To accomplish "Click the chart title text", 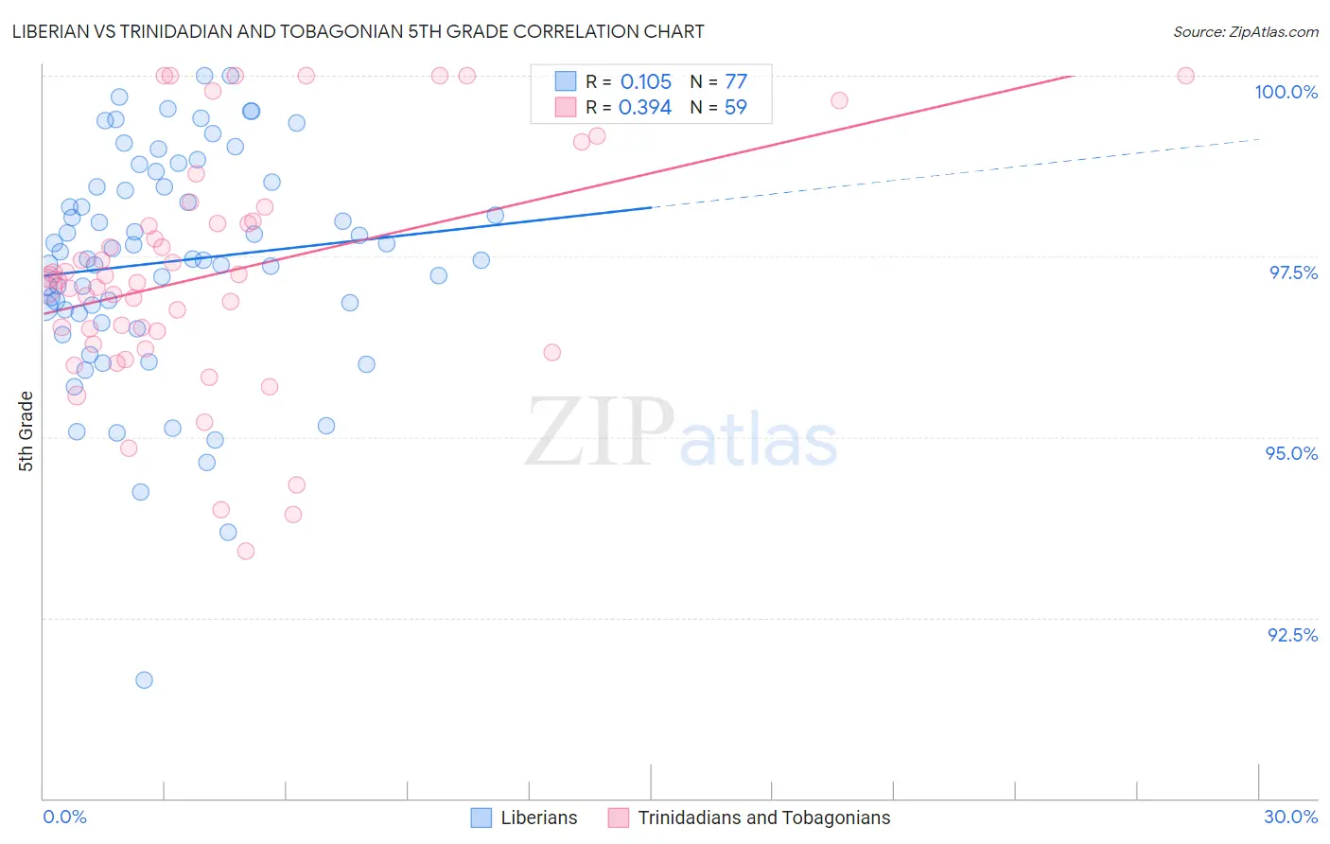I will click(358, 31).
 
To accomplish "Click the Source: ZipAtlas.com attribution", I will click(1245, 31).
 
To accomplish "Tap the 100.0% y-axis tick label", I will click(1286, 92).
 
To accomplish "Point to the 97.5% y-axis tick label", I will click(1292, 273).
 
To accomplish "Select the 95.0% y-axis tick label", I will click(1291, 453).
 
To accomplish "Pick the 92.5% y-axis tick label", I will click(1292, 635).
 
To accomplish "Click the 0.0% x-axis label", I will click(64, 817).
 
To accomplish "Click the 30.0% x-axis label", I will click(1290, 817).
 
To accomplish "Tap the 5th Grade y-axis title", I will click(26, 431).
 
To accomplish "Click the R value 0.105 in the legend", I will click(646, 82).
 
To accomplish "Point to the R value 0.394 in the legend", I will click(645, 108).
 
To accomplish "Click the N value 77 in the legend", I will click(736, 82).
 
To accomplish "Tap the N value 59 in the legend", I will click(736, 108).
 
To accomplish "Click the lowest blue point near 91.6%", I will click(144, 680).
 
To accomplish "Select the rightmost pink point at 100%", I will click(1185, 76).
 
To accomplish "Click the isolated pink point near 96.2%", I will click(552, 353).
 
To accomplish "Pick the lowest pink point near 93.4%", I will click(246, 551).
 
